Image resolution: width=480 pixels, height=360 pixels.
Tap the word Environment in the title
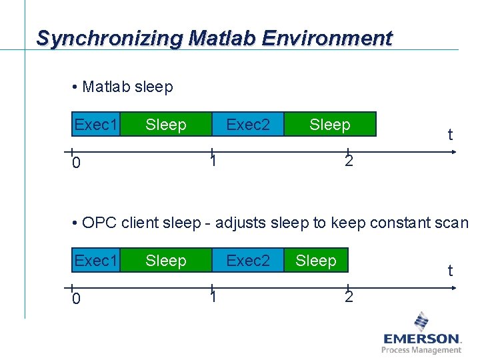point(327,39)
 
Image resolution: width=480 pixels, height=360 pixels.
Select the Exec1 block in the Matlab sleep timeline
point(96,124)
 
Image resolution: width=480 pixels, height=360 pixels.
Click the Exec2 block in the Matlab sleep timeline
point(248,124)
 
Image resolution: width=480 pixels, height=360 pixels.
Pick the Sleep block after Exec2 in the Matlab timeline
point(330,124)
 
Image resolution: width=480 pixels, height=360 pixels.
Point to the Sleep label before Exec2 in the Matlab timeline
point(166,125)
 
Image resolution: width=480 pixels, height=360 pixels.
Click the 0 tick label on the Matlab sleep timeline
point(76,163)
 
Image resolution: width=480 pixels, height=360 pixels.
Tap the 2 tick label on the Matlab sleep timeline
point(349,161)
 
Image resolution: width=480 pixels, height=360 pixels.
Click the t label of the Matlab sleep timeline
point(450,135)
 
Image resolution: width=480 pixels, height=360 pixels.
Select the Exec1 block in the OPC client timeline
point(96,260)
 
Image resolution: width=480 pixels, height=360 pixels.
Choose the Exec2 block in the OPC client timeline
point(248,260)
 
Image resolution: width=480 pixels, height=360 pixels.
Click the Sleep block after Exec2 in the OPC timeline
point(316,260)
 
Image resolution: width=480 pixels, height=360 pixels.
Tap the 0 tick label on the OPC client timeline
point(76,299)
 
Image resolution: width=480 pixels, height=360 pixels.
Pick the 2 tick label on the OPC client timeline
point(349,297)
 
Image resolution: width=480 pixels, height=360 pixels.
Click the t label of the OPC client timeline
point(450,271)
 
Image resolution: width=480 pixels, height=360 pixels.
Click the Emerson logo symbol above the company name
point(421,321)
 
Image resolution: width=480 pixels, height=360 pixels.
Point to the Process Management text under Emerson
point(421,350)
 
